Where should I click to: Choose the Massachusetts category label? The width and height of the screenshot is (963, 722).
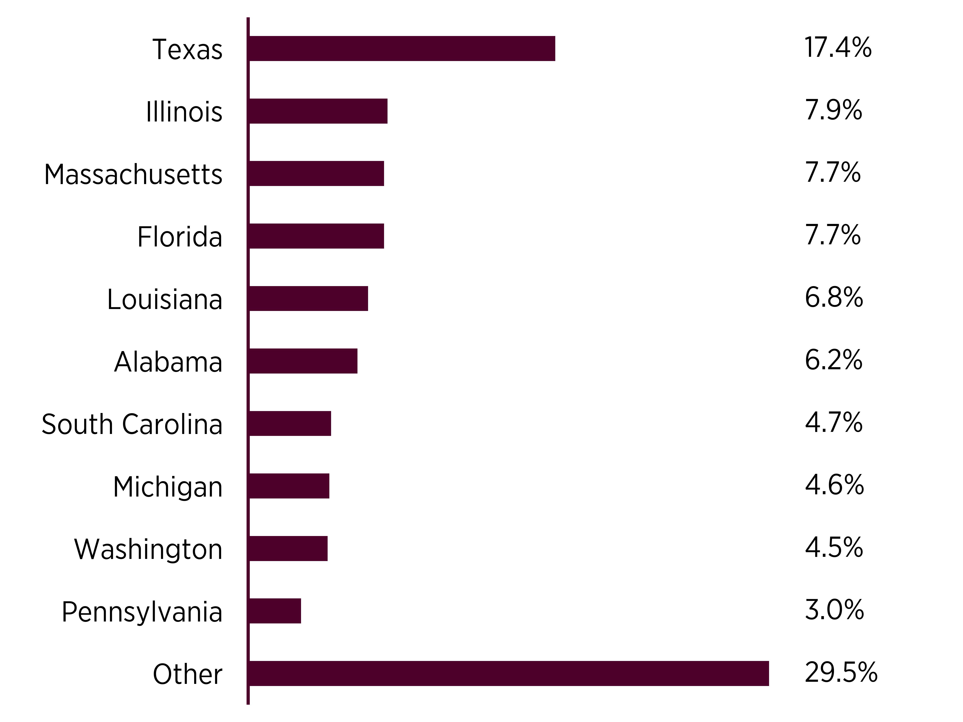pos(133,174)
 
